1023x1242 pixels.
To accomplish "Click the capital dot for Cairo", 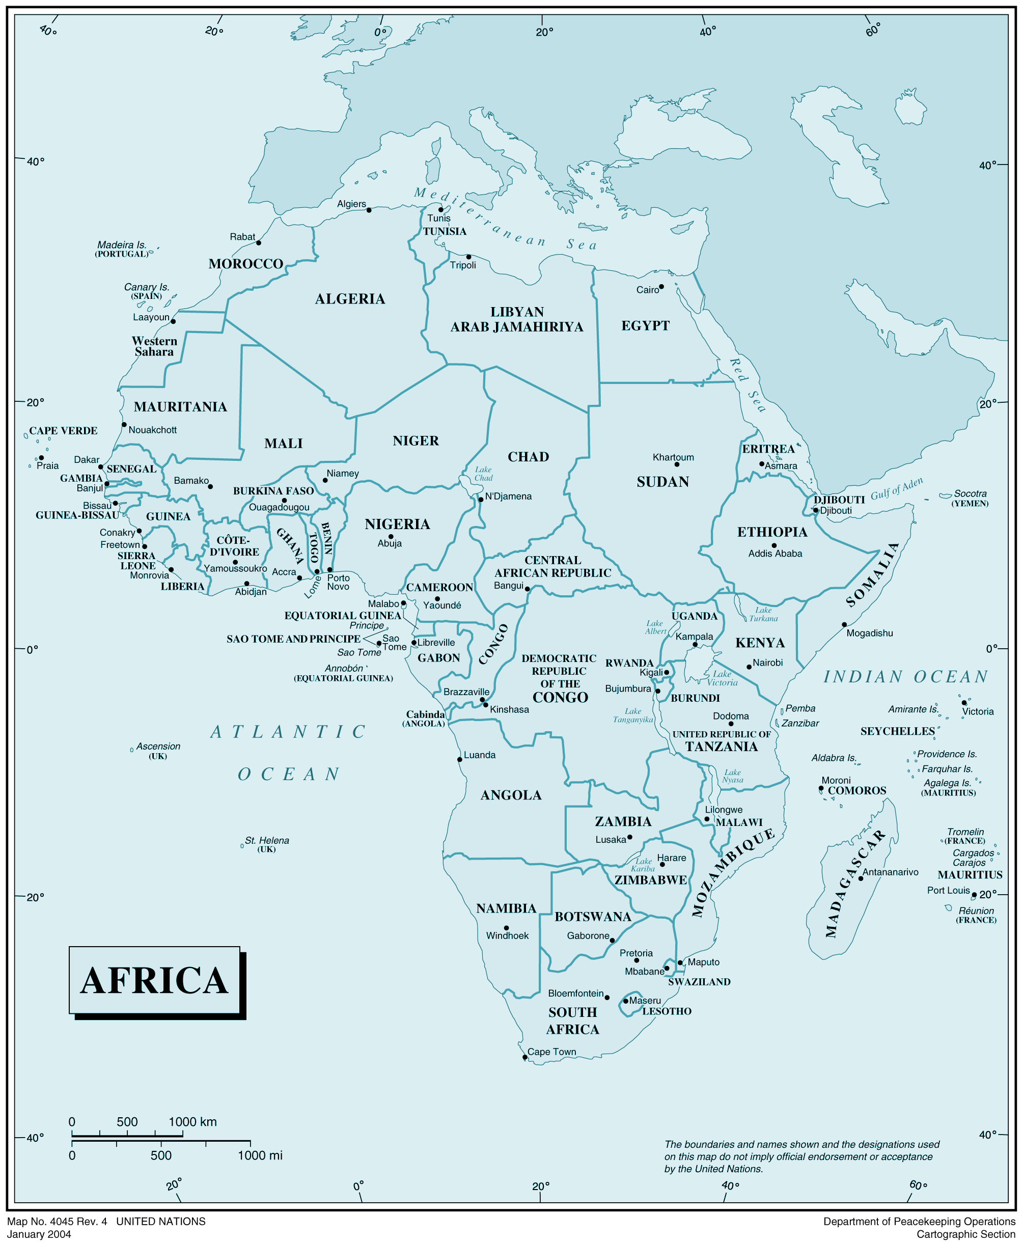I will point(661,287).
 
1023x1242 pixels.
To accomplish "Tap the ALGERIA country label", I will point(349,299).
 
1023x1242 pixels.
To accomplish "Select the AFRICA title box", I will point(154,981).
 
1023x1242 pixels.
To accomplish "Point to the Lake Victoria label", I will point(722,678).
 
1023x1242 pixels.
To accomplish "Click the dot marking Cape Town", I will point(524,1058).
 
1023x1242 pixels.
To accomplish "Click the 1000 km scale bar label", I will point(192,1122).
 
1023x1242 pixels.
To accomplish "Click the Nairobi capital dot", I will point(749,667).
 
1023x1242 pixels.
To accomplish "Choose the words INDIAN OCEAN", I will point(905,677).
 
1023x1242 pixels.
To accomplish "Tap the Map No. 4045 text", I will point(57,1222).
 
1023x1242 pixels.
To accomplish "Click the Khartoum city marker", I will point(677,464).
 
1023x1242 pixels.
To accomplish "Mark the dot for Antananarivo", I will point(861,879).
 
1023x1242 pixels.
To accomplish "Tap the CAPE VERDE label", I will point(63,431).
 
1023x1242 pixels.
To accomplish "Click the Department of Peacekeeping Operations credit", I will point(919,1222).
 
